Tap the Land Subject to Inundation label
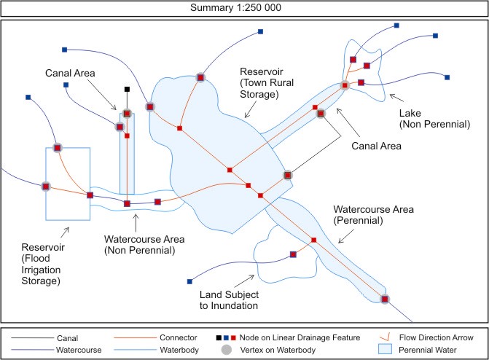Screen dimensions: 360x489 (230, 300)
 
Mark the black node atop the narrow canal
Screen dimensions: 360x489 (127, 89)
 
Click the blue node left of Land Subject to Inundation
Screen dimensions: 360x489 (189, 281)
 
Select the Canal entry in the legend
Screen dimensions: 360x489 (69, 337)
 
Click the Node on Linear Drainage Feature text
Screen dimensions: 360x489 (300, 337)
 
